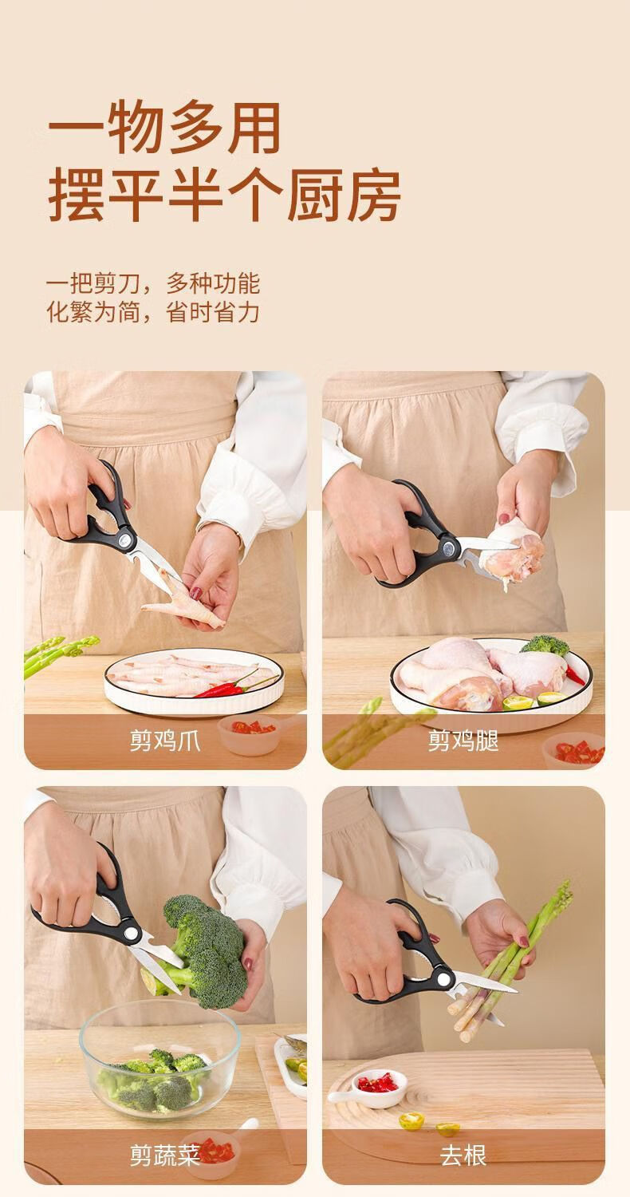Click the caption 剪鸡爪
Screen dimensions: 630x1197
[x=165, y=740]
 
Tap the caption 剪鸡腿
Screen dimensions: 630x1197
[x=463, y=740]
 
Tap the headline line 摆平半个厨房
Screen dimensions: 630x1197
[x=224, y=195]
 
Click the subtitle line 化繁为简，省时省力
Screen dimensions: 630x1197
[x=153, y=311]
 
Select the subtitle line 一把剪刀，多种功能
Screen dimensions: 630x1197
[x=153, y=282]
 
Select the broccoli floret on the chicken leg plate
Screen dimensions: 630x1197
[x=545, y=645]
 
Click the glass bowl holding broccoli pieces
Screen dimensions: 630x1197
[x=159, y=1060]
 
